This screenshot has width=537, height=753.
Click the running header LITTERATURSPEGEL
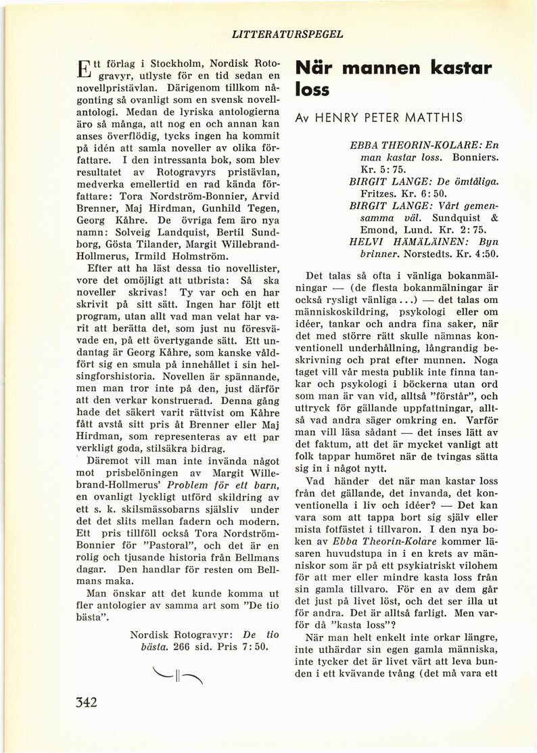coord(287,32)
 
